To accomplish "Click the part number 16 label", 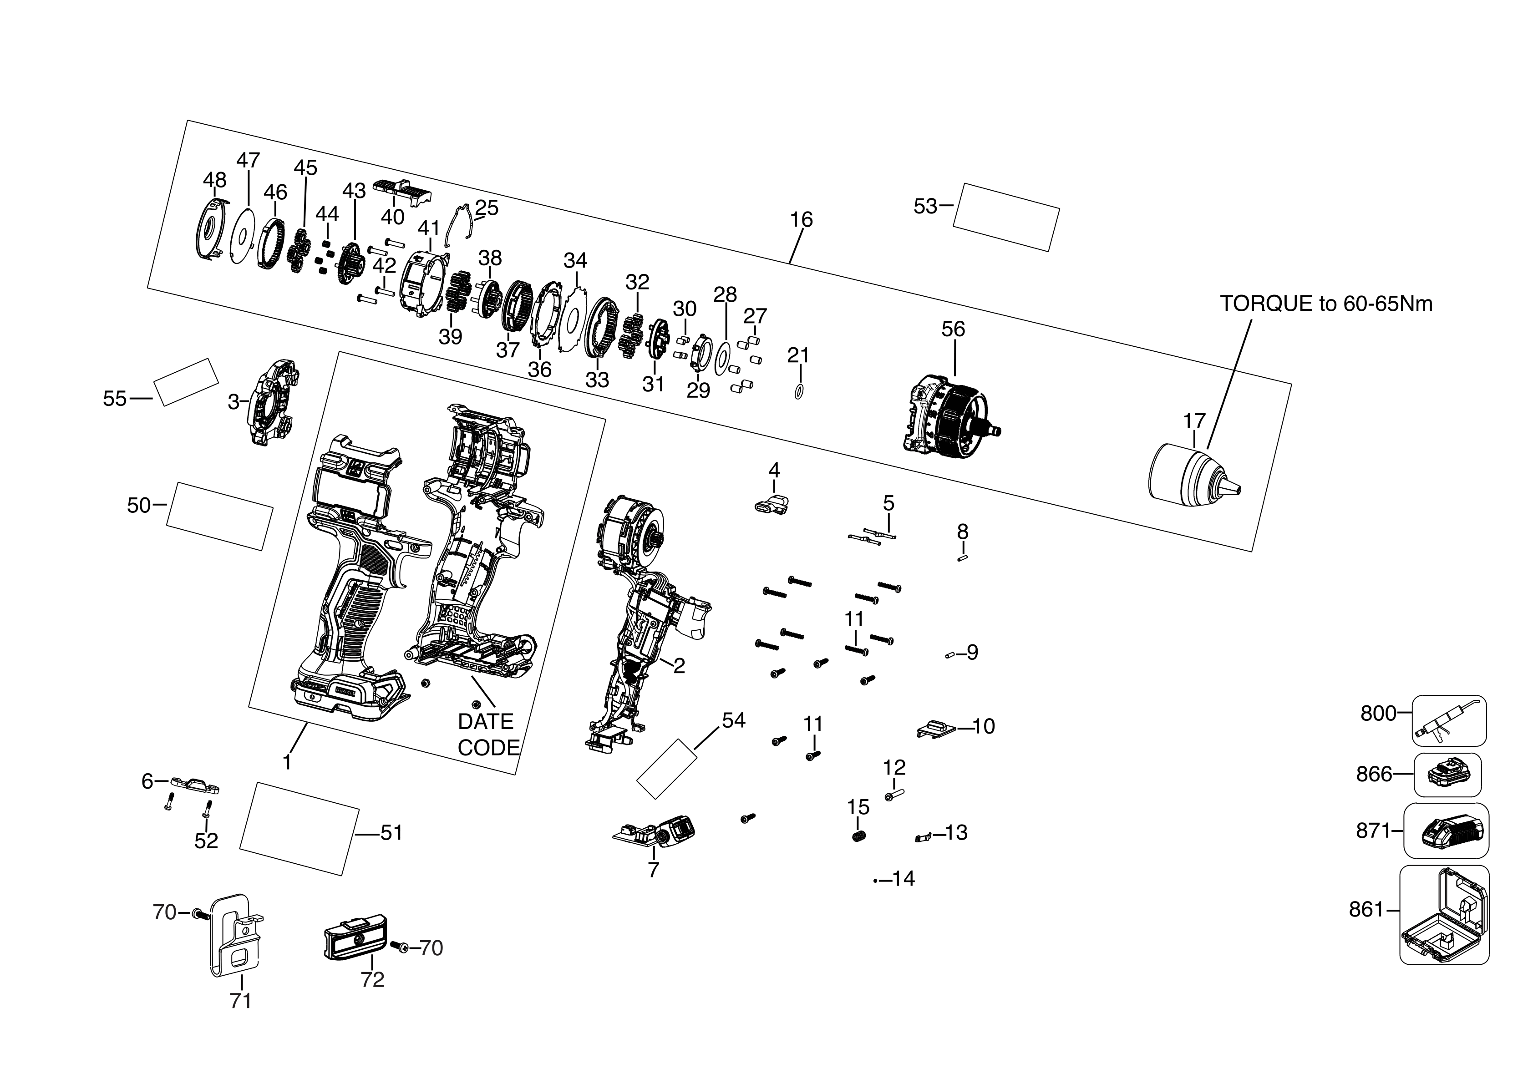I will pyautogui.click(x=801, y=220).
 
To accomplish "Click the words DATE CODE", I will pyautogui.click(x=487, y=734).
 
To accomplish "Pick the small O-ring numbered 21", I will pyautogui.click(x=798, y=392).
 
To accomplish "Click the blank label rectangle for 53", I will pyautogui.click(x=1005, y=218).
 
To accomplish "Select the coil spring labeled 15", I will pyautogui.click(x=858, y=837).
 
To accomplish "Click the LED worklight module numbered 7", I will pyautogui.click(x=658, y=832).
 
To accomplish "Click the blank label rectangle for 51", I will pyautogui.click(x=299, y=828).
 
